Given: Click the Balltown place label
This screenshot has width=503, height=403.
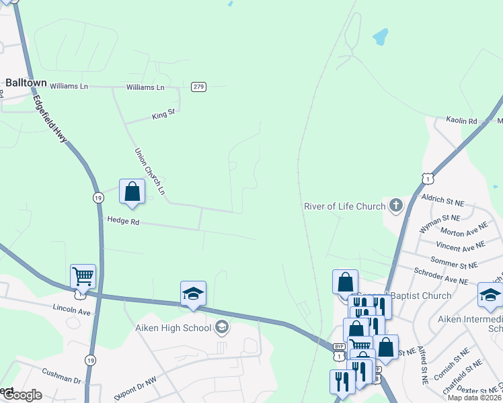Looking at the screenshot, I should [26, 83].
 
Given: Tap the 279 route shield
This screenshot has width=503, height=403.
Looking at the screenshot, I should [198, 87].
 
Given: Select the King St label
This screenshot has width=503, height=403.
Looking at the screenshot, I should [163, 115].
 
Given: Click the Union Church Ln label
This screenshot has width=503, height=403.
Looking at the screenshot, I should [150, 171].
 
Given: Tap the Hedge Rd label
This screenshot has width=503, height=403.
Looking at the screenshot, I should [122, 220].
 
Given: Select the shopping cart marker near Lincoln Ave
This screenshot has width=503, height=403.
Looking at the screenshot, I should [83, 276].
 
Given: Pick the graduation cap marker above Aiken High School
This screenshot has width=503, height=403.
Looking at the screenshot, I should [193, 294].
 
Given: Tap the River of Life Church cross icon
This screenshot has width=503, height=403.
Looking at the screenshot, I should [395, 206].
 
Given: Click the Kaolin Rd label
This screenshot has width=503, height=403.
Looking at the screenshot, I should [461, 121].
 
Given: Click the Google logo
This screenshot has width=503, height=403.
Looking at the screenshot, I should [22, 395].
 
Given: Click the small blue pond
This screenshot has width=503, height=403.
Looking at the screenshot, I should [380, 36].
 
